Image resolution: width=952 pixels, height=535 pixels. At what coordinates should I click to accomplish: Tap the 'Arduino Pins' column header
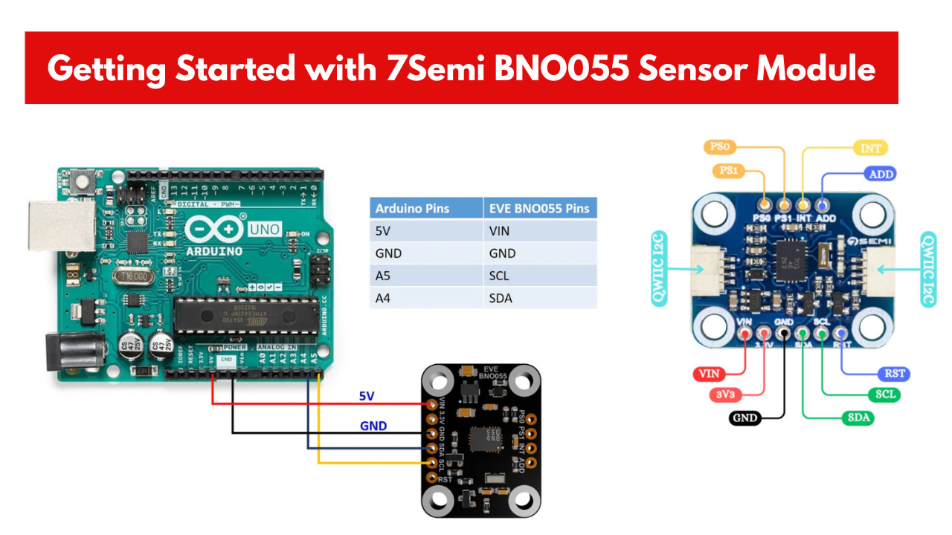click(x=412, y=208)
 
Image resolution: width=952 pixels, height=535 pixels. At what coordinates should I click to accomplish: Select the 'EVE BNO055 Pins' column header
click(x=538, y=208)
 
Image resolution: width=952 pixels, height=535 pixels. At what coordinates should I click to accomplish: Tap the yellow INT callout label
click(x=870, y=149)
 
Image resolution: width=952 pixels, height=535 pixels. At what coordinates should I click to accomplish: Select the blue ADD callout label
click(x=881, y=174)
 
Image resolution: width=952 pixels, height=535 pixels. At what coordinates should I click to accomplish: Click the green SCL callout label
click(x=884, y=394)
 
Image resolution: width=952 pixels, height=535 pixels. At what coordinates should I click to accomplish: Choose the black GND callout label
click(x=744, y=418)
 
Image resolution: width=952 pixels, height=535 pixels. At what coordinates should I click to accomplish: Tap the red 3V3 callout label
click(x=724, y=394)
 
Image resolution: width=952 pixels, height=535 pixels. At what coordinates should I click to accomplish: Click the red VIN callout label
click(x=708, y=373)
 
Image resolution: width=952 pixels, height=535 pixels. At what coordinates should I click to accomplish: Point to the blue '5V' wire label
click(x=367, y=396)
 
